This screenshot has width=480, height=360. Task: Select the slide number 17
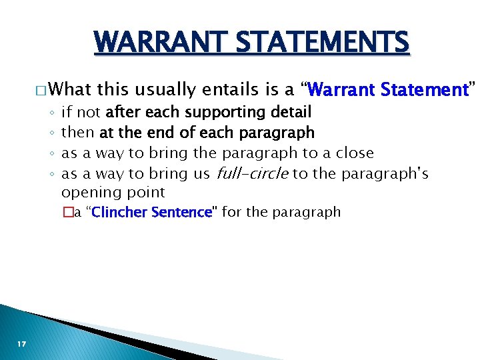pyautogui.click(x=22, y=343)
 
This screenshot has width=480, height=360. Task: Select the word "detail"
pyautogui.click(x=290, y=111)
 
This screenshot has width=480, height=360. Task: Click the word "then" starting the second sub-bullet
pyautogui.click(x=77, y=133)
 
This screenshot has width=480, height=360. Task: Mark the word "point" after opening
pyautogui.click(x=147, y=193)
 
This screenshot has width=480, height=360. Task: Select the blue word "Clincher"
pyautogui.click(x=118, y=213)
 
